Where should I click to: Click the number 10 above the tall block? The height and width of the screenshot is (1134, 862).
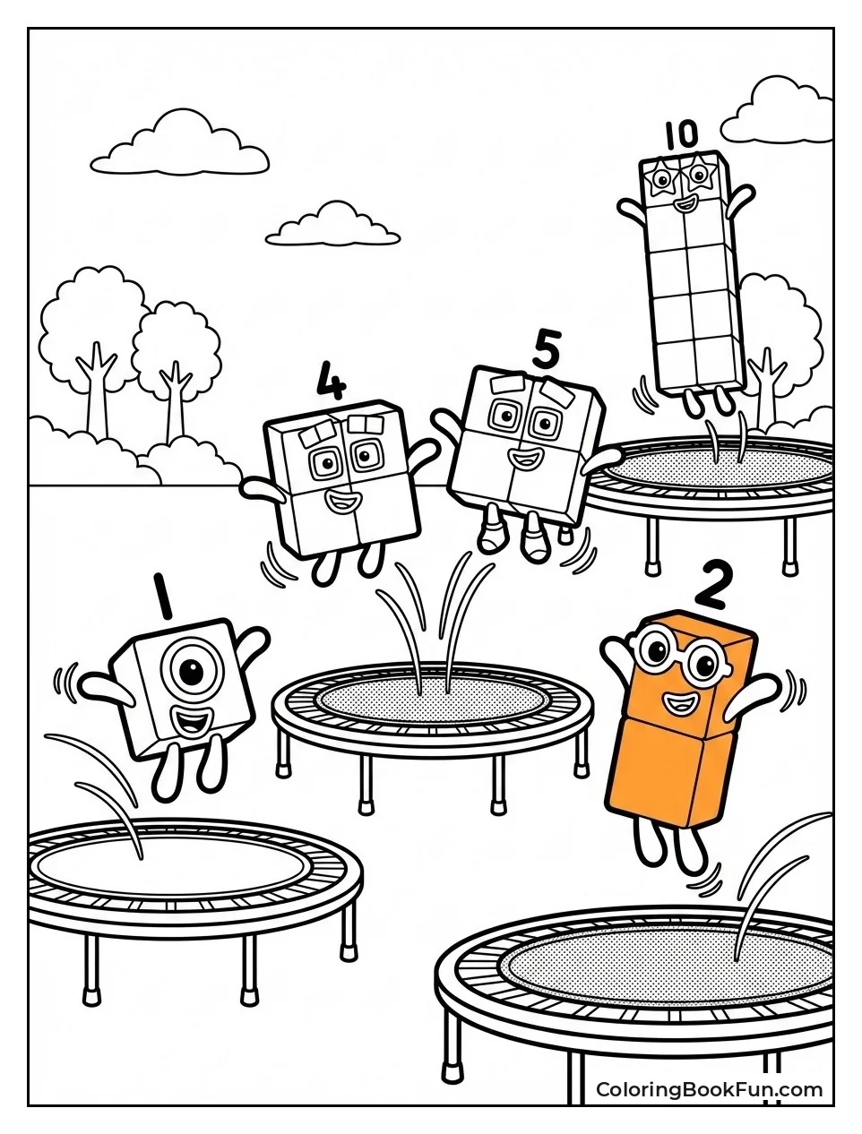[681, 135]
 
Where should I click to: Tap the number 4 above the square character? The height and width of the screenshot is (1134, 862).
[332, 381]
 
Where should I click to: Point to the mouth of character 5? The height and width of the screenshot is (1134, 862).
[526, 457]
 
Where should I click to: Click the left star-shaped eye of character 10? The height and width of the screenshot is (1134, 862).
[661, 180]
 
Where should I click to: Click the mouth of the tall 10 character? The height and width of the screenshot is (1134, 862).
[685, 205]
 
